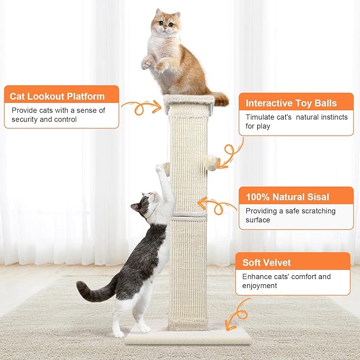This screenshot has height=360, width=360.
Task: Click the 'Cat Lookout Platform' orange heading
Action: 57,96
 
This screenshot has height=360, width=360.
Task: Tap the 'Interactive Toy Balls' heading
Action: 291,103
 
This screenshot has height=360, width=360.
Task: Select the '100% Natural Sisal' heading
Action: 287,197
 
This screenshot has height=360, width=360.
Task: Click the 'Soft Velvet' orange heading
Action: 267,262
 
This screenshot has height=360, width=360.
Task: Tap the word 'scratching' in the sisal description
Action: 317,211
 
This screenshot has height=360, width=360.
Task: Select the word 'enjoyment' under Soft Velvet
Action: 260,286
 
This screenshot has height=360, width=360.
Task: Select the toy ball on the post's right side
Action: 212,160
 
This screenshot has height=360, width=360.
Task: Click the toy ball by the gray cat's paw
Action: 166,169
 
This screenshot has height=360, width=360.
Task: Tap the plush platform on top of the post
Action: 189,103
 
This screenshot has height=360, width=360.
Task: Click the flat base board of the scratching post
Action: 188,335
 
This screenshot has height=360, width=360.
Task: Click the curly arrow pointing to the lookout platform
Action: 141,107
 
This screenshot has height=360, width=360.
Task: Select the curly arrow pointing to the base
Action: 237,315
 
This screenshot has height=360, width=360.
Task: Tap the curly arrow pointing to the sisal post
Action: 217,205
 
